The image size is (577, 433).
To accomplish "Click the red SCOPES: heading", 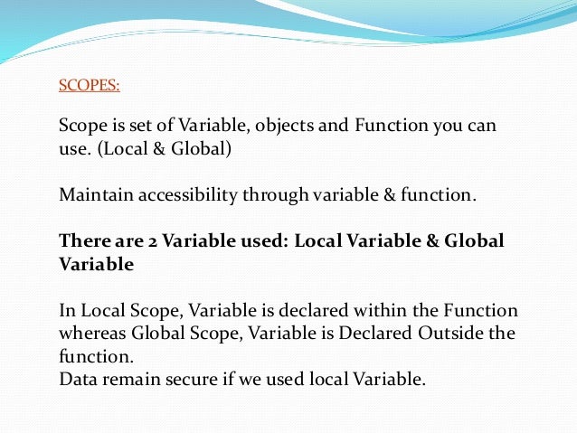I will [x=89, y=87].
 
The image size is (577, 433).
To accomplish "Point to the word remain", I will [x=126, y=380].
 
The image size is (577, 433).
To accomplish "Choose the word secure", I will [x=185, y=380].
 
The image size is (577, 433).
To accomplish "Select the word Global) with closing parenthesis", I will [x=203, y=148].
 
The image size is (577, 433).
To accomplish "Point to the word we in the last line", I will [x=244, y=380].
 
